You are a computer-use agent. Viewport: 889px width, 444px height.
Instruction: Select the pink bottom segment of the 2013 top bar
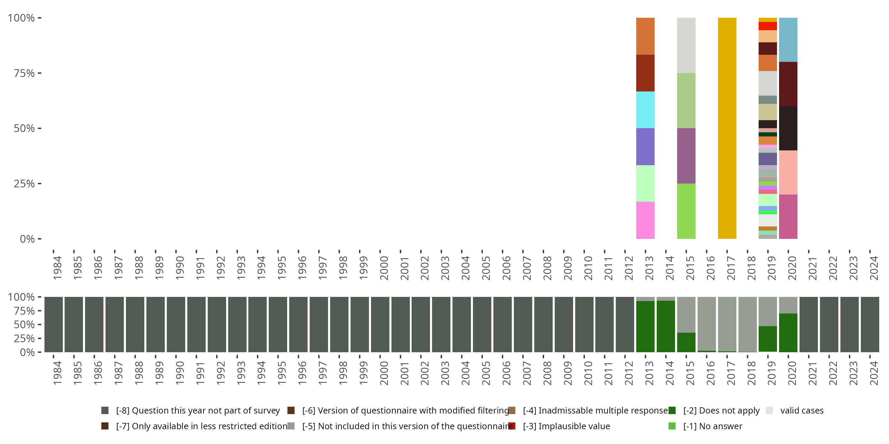pyautogui.click(x=645, y=220)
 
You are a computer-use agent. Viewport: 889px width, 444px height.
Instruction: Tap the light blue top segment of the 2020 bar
pyautogui.click(x=788, y=40)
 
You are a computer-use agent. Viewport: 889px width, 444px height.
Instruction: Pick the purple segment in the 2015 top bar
pyautogui.click(x=686, y=156)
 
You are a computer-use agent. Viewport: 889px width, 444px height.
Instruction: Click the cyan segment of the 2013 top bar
pyautogui.click(x=645, y=110)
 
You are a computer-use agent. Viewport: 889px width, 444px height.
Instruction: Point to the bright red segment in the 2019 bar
pyautogui.click(x=768, y=26)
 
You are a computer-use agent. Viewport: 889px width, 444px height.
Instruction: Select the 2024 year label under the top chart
pyautogui.click(x=874, y=268)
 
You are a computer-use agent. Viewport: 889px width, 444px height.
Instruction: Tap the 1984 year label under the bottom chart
pyautogui.click(x=57, y=373)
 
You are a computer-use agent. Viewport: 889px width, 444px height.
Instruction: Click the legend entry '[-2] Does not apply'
pyautogui.click(x=721, y=411)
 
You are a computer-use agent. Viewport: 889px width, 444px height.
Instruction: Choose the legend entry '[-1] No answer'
pyautogui.click(x=712, y=426)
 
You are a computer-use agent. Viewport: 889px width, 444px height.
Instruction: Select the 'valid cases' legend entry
pyautogui.click(x=801, y=411)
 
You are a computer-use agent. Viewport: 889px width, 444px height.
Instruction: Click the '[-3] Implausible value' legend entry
pyautogui.click(x=566, y=426)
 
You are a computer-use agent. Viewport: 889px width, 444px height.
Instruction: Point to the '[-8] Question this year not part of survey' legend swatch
pyautogui.click(x=105, y=411)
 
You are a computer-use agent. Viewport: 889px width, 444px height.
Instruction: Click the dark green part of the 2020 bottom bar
pyautogui.click(x=788, y=333)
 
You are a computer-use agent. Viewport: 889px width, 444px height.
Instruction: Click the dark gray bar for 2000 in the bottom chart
pyautogui.click(x=380, y=324)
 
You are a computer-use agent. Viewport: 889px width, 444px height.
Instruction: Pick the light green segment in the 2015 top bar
pyautogui.click(x=686, y=101)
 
